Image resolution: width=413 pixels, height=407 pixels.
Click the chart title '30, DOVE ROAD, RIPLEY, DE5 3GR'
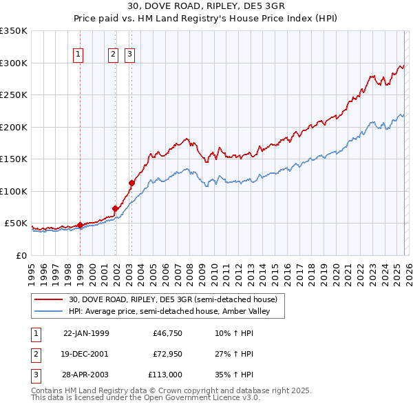(x=206, y=6)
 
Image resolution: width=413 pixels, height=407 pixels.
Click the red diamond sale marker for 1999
(x=80, y=225)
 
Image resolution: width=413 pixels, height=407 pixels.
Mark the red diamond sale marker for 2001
(x=115, y=208)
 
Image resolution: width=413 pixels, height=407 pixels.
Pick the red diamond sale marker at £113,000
(x=131, y=183)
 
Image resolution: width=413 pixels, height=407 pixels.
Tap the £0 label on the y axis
(x=21, y=255)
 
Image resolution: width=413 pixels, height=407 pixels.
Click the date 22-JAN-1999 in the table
(x=86, y=334)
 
